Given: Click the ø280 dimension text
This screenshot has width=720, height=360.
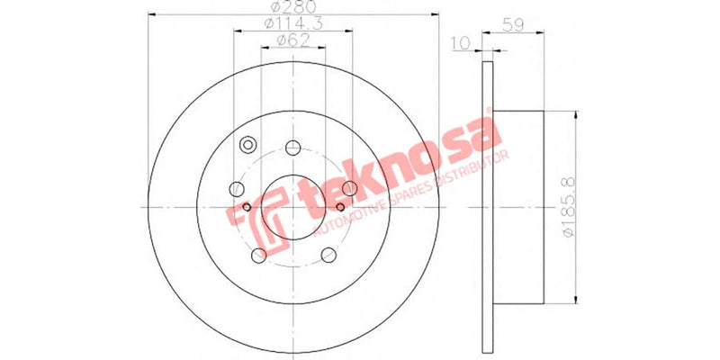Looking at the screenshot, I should pos(292,9).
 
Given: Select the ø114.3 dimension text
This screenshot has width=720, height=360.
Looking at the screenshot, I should pos(292,24).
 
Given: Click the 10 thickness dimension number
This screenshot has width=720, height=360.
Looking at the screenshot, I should pos(461,42).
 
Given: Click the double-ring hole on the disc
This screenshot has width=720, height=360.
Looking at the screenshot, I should pos(248,145).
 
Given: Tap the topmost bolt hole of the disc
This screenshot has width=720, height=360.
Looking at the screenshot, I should pos(292,148).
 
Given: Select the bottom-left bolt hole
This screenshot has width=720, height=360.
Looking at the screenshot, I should pos(259,255).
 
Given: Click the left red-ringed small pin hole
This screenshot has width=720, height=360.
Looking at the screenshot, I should pos(247,207).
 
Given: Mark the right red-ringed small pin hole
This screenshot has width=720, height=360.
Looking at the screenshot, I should pos(340,207).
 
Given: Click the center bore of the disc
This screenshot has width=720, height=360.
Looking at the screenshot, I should pos(293,207).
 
